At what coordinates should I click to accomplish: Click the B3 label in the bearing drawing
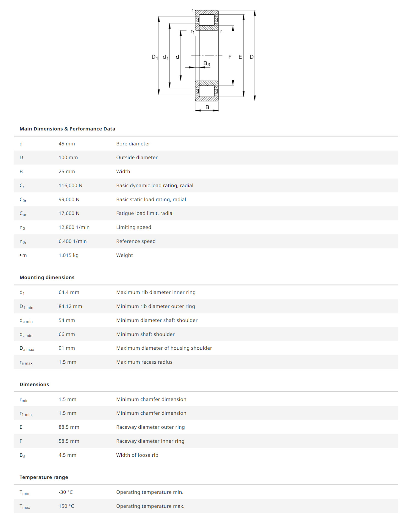pos(207,64)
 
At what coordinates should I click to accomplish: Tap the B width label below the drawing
pos(207,107)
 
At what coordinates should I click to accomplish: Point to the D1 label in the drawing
pos(155,57)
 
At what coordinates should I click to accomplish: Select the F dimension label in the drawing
pos(230,57)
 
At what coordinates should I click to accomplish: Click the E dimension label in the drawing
pos(240,57)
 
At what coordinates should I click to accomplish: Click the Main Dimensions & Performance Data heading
pos(67,129)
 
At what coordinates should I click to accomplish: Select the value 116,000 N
pos(70,186)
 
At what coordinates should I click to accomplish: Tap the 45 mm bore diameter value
pos(66,144)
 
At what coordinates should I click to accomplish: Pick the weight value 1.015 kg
pos(68,255)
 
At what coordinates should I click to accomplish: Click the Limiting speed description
pos(133,227)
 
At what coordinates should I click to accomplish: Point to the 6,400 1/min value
pos(73,241)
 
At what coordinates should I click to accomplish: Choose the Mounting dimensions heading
pos(47,277)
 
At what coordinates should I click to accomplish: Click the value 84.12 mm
pos(70,306)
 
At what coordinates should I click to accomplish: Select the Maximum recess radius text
pos(144,362)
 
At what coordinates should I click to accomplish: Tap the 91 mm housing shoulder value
pos(66,348)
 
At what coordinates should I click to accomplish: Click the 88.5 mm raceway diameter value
pos(69,427)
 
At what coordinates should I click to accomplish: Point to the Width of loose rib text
pos(137,455)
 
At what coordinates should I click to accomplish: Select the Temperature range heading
pos(44,477)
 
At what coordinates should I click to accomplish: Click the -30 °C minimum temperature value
pos(66,492)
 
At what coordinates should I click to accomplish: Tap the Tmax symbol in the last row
pos(25,506)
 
